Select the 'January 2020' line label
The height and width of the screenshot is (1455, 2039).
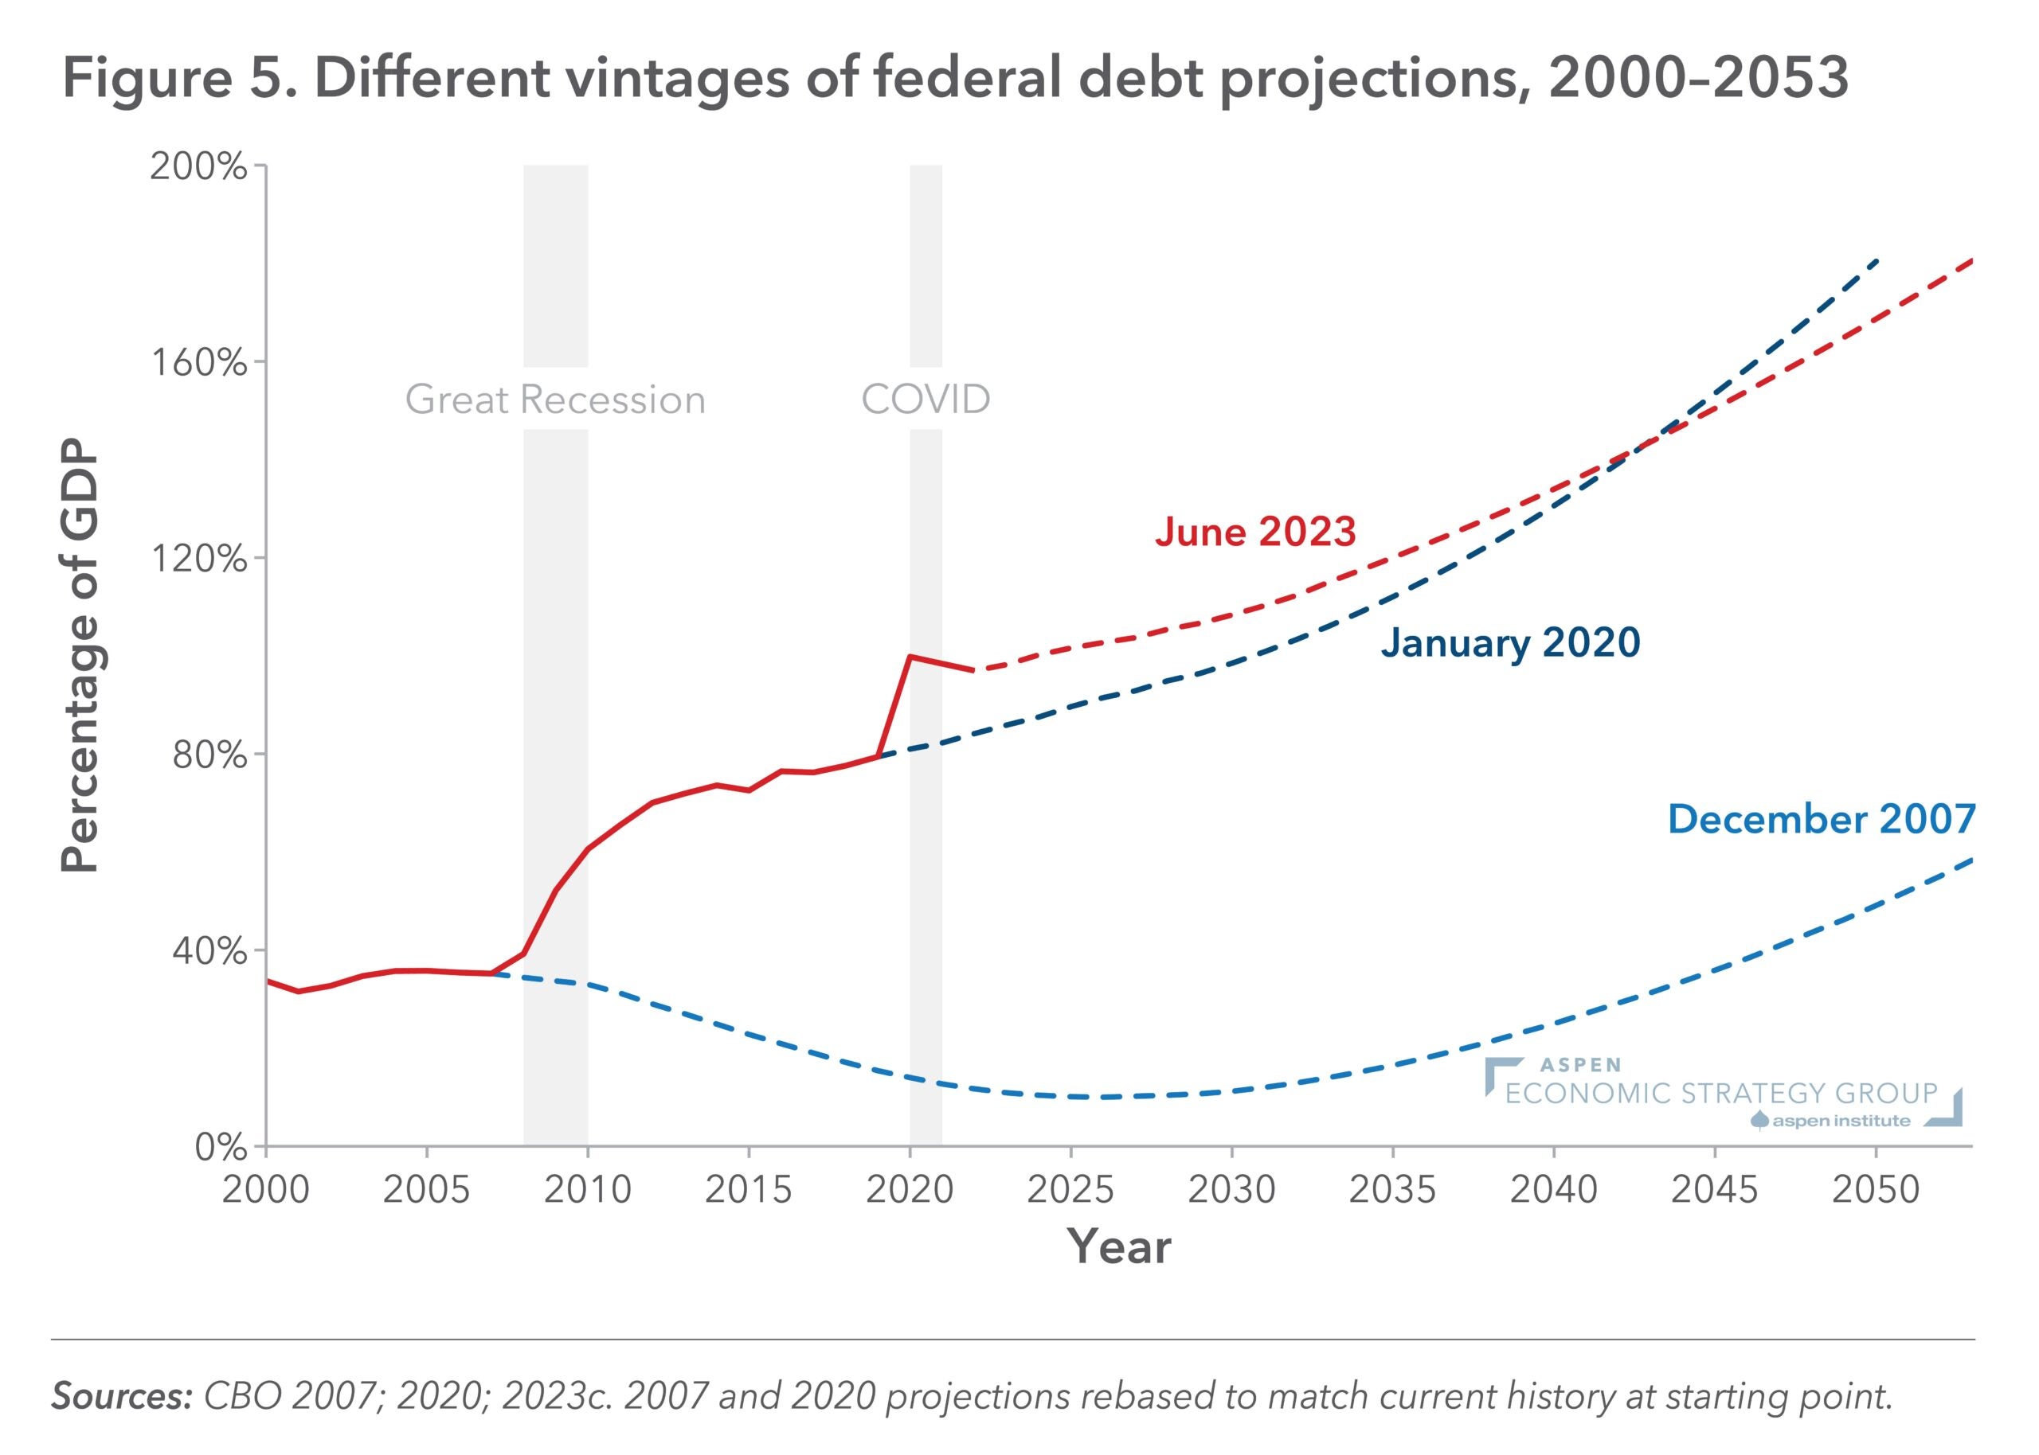point(1509,643)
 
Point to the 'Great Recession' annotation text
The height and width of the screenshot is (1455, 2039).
point(555,400)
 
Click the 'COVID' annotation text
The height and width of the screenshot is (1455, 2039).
point(925,400)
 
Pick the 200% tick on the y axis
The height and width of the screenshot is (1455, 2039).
point(198,166)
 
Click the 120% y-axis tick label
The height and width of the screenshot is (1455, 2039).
point(198,559)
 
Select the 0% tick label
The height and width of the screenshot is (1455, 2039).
point(220,1148)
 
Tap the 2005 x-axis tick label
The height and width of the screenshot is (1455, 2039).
point(426,1190)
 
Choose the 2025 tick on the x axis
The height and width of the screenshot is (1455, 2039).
point(1070,1190)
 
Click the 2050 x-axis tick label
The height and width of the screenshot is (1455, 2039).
point(1875,1190)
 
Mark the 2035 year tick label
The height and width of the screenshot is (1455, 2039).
point(1392,1190)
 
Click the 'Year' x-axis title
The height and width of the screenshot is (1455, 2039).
point(1119,1247)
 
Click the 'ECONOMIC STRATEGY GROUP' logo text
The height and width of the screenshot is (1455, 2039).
point(1721,1094)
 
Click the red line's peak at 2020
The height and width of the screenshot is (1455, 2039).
point(910,657)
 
